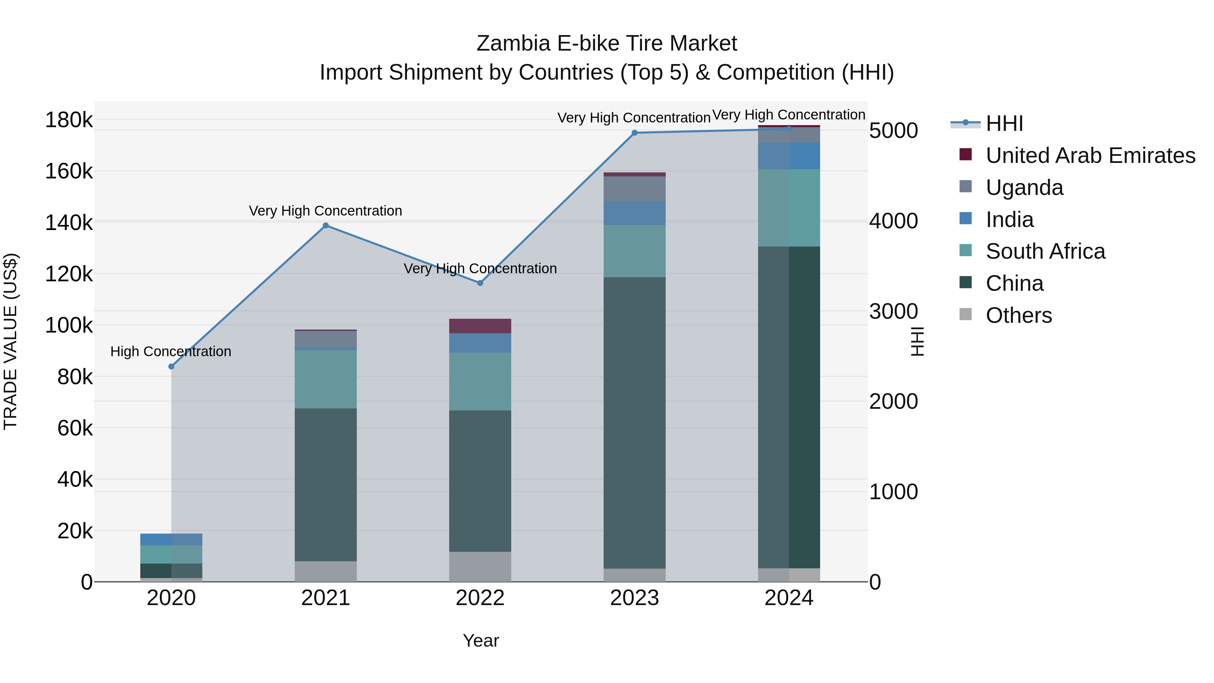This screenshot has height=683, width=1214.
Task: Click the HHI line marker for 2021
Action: pos(325,225)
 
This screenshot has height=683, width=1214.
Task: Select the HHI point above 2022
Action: pos(480,283)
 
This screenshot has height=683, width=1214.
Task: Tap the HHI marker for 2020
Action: pos(171,366)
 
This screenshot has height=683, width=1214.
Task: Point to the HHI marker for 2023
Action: pos(634,133)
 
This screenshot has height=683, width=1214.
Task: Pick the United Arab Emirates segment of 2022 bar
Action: pos(480,326)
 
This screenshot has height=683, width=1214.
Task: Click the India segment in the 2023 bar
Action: pos(634,213)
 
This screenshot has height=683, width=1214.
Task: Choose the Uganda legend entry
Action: pos(1024,188)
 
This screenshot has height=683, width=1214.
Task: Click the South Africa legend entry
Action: pos(1045,251)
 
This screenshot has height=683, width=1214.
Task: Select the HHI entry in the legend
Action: pos(1004,123)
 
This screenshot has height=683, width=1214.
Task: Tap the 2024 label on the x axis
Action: pos(788,598)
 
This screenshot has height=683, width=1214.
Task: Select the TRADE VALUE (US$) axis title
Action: pos(11,341)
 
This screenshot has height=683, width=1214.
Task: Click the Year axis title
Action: pos(481,641)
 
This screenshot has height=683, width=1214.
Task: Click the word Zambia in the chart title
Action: pos(513,44)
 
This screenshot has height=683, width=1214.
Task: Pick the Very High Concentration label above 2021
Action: pos(325,211)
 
